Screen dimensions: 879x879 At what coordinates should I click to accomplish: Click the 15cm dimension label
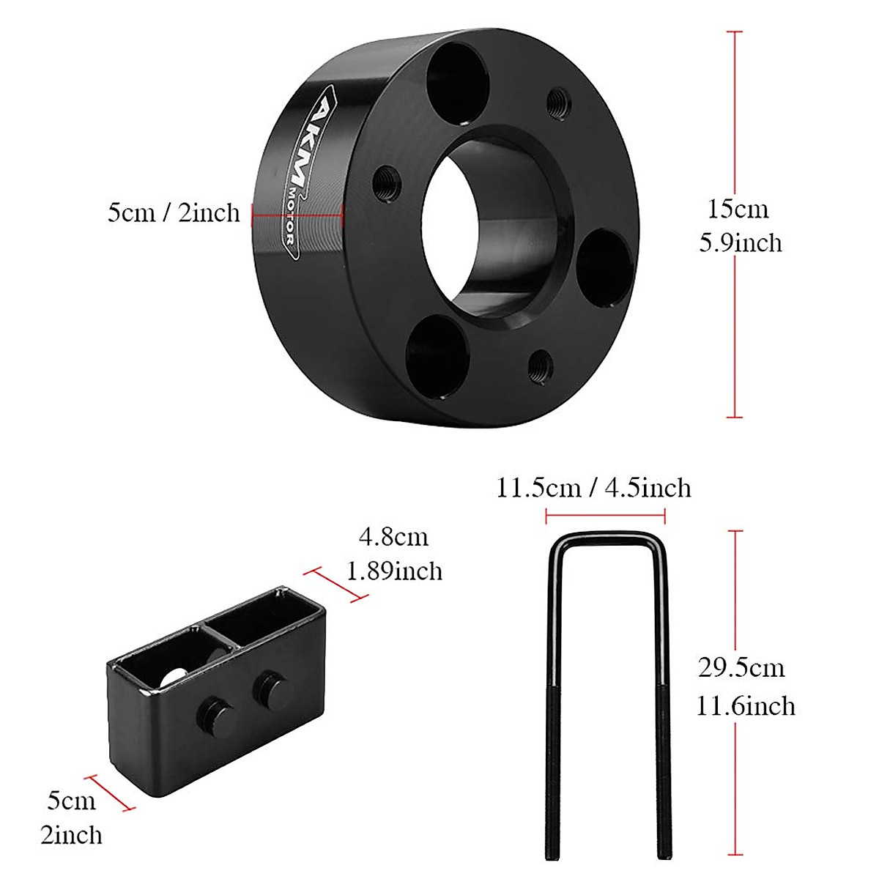click(x=738, y=209)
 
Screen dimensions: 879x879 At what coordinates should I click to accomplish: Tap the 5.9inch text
click(x=741, y=242)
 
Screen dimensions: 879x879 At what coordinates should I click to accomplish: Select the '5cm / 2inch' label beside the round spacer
click(x=174, y=212)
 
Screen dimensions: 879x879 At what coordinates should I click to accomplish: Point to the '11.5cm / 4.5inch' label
click(x=593, y=488)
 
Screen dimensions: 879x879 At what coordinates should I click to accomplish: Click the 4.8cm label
click(x=393, y=537)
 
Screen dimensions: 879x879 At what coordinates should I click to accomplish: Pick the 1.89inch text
click(x=395, y=571)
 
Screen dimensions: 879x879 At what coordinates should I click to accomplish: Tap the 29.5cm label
click(x=741, y=669)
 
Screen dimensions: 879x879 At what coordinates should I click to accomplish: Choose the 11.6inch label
click(x=746, y=705)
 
